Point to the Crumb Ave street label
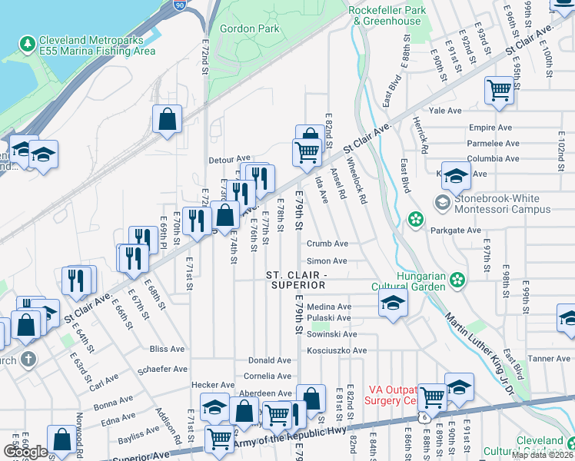point(327,244)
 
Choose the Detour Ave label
point(230,160)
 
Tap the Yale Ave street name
point(446,111)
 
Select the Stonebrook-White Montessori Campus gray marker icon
point(442,203)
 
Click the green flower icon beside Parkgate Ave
point(416,220)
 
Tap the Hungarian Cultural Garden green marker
point(459,278)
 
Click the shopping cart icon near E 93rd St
point(500,91)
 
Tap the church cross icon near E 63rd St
point(28,360)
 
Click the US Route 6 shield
point(424,416)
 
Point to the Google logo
point(25,452)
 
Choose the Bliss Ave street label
point(168,349)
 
